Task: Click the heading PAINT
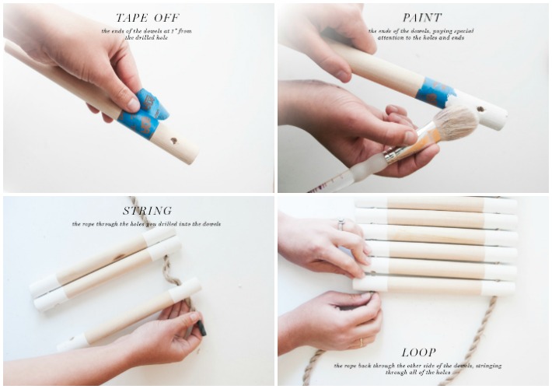point(422,17)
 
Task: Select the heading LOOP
point(418,352)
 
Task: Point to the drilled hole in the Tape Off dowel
point(173,142)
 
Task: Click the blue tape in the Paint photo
point(435,92)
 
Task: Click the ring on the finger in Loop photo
point(341,224)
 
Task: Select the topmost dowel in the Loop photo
point(435,204)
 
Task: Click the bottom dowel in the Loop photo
point(435,286)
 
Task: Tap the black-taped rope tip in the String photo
point(201,328)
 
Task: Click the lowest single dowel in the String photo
point(132,315)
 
